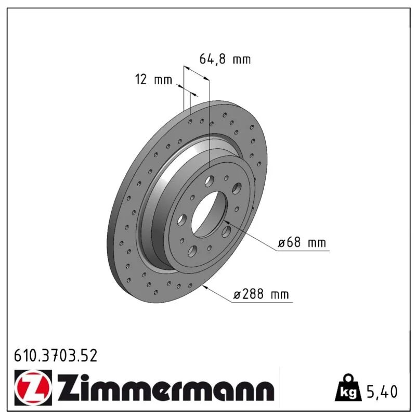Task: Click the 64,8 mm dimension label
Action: click(225, 59)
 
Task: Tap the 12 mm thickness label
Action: click(153, 80)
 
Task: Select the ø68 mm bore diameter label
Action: click(302, 242)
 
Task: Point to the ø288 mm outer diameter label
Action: click(261, 294)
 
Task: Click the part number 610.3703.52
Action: click(56, 356)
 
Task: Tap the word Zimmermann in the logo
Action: click(166, 388)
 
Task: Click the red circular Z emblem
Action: click(33, 388)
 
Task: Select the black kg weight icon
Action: click(348, 388)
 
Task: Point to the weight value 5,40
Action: click(382, 392)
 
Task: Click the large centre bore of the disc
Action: click(210, 214)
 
